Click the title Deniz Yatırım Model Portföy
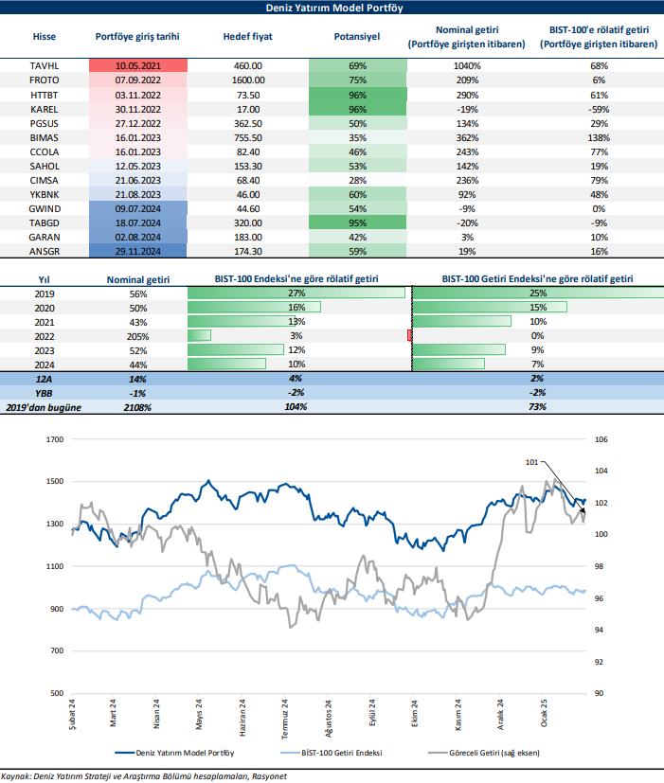coord(332,9)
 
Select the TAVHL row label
coord(45,66)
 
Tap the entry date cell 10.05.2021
coord(138,66)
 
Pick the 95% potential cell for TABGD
coord(357,222)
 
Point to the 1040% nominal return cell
coord(465,66)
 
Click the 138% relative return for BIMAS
coord(598,137)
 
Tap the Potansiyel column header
coord(357,38)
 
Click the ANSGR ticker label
coord(45,251)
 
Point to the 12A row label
coord(45,379)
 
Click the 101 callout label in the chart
coord(531,462)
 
